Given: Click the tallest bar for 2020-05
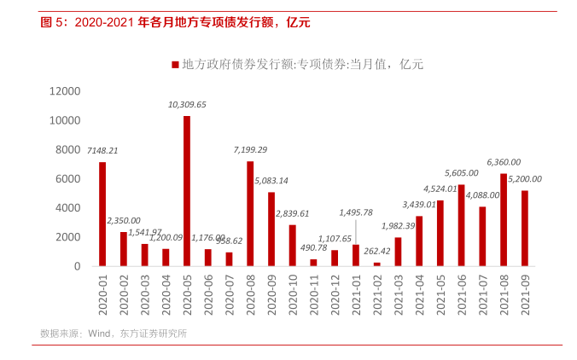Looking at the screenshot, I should click(187, 191).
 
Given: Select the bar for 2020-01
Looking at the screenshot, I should click(102, 214).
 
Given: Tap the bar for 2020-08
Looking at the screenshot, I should click(250, 213).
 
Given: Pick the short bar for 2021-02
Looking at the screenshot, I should click(376, 264).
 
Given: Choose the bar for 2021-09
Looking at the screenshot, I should click(524, 228).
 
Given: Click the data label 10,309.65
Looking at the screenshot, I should click(187, 104).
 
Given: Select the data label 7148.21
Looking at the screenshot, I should click(102, 150).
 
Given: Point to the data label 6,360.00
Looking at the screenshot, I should click(504, 161).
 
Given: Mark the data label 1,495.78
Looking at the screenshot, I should click(356, 212).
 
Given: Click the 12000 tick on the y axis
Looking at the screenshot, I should click(65, 91).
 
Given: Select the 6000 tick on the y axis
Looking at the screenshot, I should click(67, 179).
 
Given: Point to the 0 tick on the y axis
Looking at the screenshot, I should click(77, 266).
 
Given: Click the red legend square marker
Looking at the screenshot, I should click(175, 64).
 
